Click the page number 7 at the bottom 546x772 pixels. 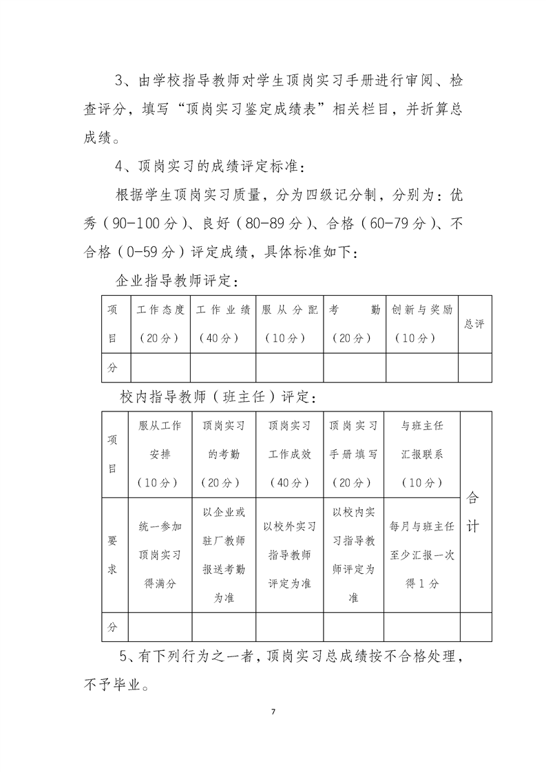(x=273, y=711)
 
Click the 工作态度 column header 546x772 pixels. (x=160, y=323)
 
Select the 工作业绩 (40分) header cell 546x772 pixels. (x=223, y=323)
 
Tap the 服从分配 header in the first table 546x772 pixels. (x=289, y=323)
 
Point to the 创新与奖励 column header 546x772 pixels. (x=421, y=323)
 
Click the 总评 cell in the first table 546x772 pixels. (x=474, y=324)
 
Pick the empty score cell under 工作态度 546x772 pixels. (x=160, y=367)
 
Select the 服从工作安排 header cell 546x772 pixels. (x=160, y=454)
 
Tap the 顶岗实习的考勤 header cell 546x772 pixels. (x=223, y=454)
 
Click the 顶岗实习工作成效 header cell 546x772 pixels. (x=289, y=454)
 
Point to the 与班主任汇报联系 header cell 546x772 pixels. (x=421, y=454)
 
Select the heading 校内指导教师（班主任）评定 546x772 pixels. (x=218, y=397)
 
